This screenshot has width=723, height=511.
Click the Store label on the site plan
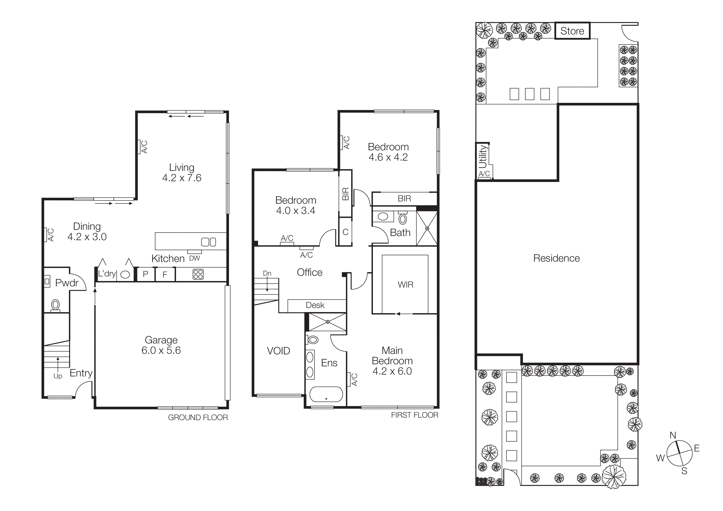[572, 31]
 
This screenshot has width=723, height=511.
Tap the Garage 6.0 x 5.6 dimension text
[161, 350]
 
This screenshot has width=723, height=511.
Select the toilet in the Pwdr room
[55, 305]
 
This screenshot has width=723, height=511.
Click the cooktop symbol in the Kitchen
[198, 274]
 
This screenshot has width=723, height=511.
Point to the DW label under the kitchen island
[194, 258]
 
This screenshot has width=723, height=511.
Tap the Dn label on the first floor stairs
[267, 273]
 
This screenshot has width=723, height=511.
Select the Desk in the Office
[315, 305]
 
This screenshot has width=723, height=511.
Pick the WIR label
[405, 285]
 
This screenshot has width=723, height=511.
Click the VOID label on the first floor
[278, 351]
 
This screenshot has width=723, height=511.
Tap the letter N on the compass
[673, 435]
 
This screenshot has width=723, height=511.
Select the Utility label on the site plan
[483, 156]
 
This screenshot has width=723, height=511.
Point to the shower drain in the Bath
[427, 228]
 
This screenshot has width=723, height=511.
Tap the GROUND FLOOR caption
[198, 417]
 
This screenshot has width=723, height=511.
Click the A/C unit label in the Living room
[144, 147]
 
